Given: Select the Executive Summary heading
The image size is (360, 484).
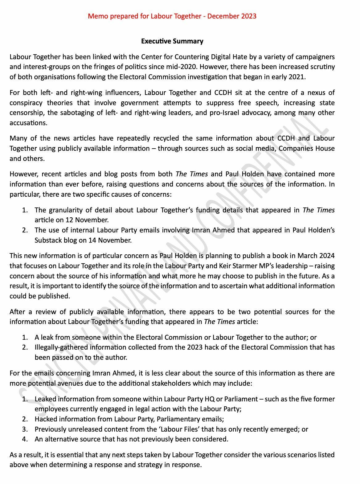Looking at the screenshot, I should (172, 41).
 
